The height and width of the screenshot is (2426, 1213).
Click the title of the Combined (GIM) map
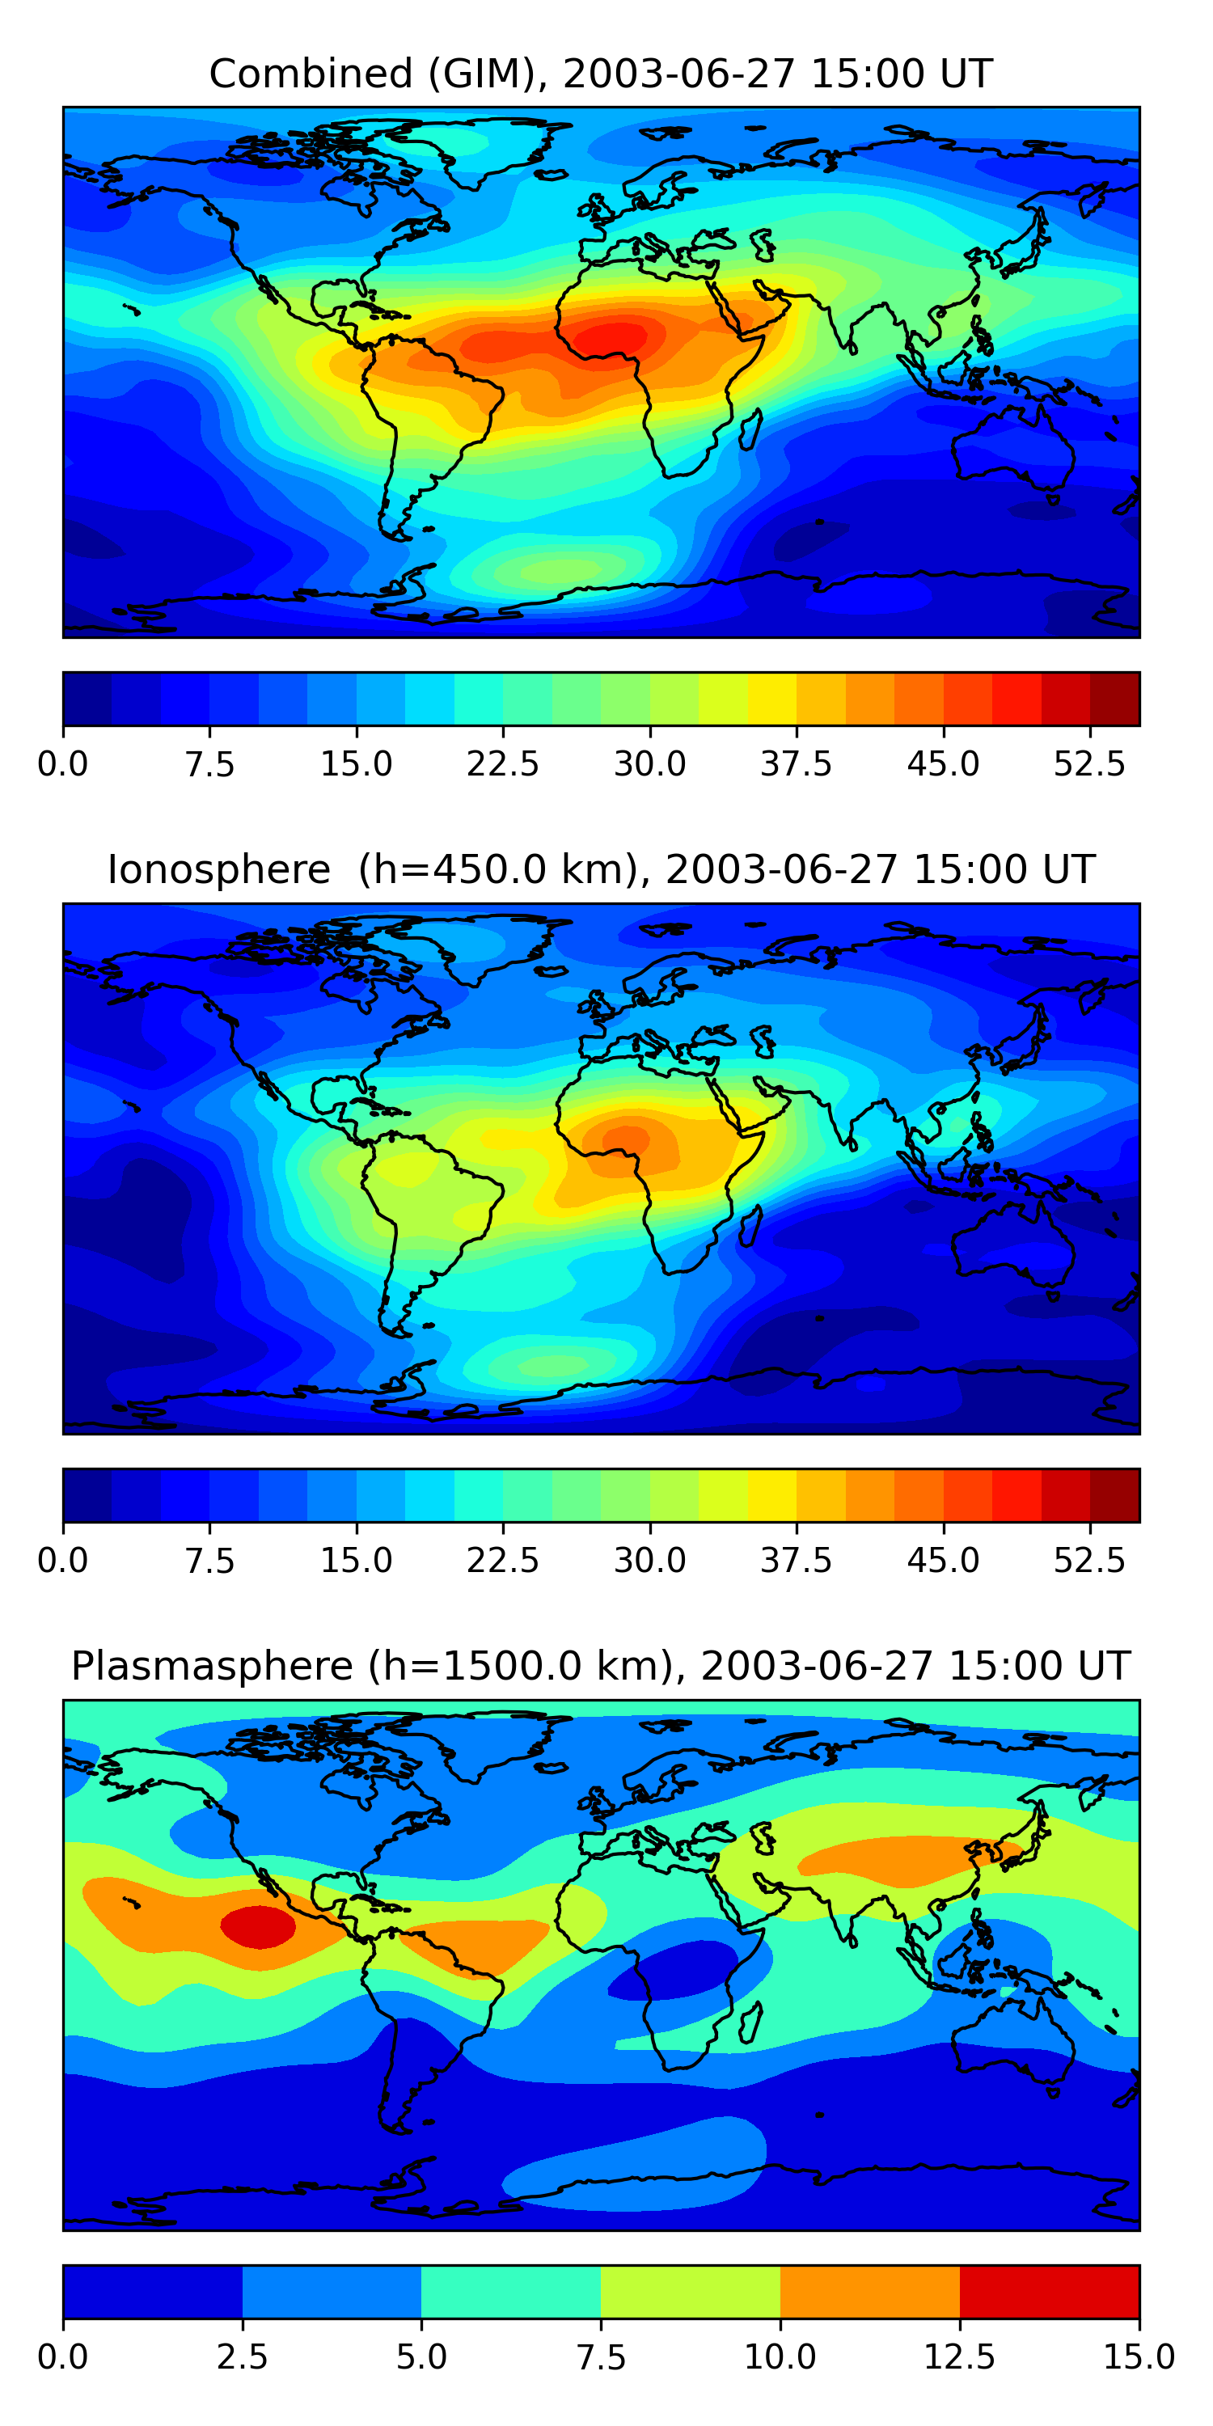click(x=601, y=74)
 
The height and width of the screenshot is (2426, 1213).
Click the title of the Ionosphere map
click(x=601, y=869)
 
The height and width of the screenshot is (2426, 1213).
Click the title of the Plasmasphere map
click(x=601, y=1666)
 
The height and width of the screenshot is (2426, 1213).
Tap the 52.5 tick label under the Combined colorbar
click(x=1088, y=763)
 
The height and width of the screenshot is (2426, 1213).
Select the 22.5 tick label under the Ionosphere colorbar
click(x=502, y=1561)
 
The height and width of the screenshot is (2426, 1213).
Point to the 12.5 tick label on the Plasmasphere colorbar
click(x=959, y=2357)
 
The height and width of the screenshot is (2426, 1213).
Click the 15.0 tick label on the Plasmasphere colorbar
click(x=1138, y=2357)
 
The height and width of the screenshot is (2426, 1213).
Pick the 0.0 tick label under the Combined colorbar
click(x=63, y=763)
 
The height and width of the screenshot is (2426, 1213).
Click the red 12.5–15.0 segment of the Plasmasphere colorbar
click(x=1049, y=2291)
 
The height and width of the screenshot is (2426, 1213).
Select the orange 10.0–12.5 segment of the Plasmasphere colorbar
click(x=869, y=2291)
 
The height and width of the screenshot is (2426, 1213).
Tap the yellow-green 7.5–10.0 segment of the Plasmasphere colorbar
click(x=691, y=2291)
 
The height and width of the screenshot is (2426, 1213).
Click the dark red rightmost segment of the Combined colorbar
click(x=1114, y=699)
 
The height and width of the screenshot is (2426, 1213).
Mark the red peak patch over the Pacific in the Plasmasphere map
click(x=258, y=1926)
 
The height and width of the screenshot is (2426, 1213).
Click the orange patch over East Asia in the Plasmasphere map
click(x=894, y=1861)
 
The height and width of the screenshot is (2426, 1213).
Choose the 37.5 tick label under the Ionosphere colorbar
click(x=796, y=1561)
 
